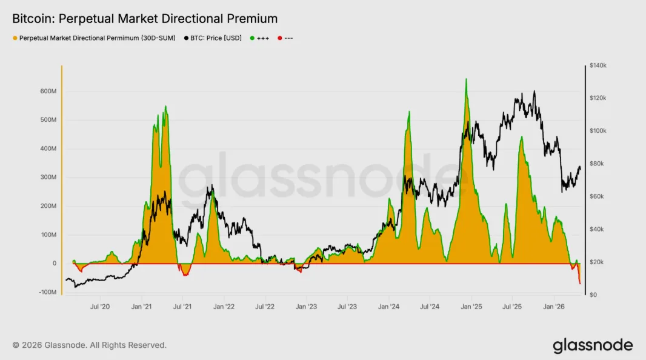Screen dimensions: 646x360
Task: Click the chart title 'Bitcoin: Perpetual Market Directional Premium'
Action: point(145,19)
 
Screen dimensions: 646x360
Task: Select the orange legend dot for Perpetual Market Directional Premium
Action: point(15,38)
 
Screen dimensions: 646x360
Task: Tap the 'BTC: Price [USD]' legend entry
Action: point(213,38)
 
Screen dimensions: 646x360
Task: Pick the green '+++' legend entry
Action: point(259,38)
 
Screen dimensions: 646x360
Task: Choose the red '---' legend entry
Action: point(285,38)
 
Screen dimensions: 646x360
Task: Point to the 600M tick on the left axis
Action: point(48,91)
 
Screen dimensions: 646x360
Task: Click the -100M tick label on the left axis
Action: point(47,292)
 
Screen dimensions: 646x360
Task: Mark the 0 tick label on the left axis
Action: point(55,263)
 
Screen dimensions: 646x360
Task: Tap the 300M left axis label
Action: point(48,177)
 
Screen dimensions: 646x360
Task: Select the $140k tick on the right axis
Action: point(598,65)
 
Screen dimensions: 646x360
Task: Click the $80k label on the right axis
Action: point(596,164)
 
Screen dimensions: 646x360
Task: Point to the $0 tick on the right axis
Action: point(593,295)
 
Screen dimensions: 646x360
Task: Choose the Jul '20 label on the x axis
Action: point(100,307)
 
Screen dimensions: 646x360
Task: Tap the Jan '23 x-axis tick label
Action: point(306,307)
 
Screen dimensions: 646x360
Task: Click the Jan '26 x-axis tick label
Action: point(554,307)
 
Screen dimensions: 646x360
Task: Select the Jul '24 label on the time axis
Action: point(430,307)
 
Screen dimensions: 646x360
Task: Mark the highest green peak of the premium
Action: point(466,79)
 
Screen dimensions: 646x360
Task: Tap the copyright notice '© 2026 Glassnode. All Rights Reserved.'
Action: point(90,345)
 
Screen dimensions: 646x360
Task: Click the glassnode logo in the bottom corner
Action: point(593,345)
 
